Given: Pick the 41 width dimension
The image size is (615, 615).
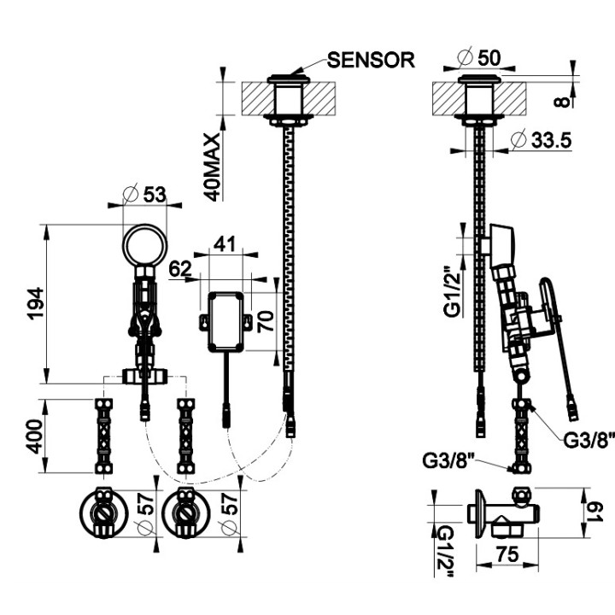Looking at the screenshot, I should click(224, 243).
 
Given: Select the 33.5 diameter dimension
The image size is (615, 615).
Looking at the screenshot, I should click(549, 140).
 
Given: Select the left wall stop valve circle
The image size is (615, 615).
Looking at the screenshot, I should click(103, 517).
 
